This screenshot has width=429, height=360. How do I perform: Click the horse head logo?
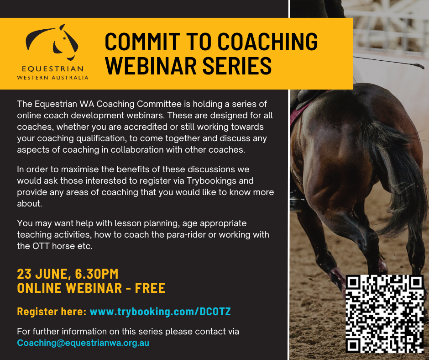click(52, 42)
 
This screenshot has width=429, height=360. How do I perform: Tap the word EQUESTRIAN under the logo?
click(53, 69)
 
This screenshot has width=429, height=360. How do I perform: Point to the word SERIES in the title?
click(237, 66)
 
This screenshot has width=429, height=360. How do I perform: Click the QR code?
click(385, 314)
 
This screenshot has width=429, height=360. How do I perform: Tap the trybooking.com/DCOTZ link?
click(160, 312)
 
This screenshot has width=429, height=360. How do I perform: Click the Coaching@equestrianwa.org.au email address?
click(83, 343)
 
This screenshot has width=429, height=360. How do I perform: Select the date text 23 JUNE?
click(42, 274)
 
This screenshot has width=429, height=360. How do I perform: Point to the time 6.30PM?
click(97, 274)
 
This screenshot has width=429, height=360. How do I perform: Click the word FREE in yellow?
click(150, 288)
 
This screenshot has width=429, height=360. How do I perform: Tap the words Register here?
click(52, 312)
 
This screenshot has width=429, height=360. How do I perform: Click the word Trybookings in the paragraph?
click(211, 181)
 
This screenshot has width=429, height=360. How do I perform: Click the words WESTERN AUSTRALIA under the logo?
click(53, 78)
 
